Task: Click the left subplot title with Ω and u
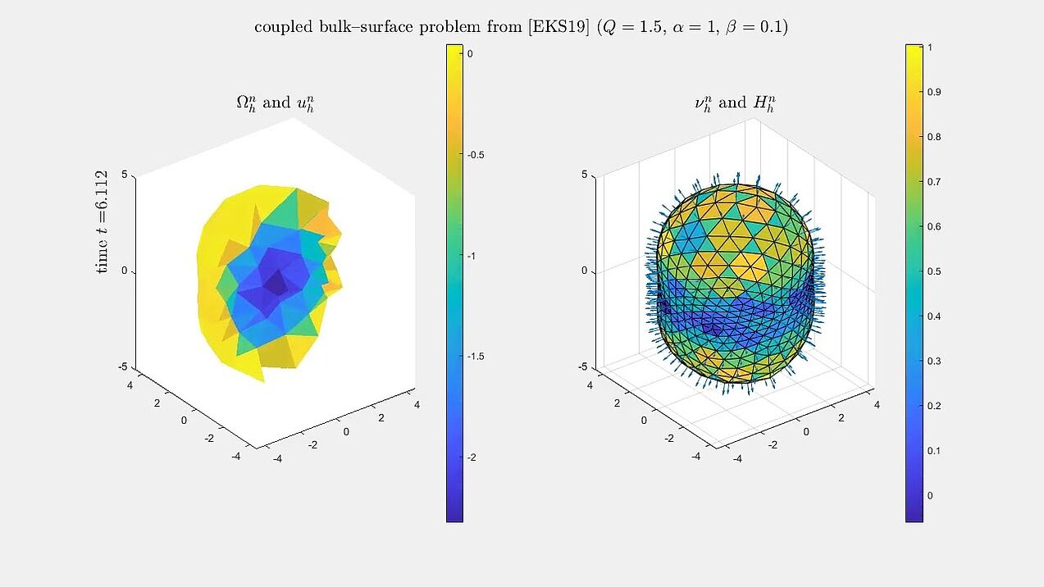click(x=276, y=103)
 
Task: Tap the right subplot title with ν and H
click(x=735, y=103)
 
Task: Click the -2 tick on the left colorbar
click(x=472, y=457)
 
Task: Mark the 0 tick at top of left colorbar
click(x=470, y=53)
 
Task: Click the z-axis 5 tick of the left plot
click(x=124, y=175)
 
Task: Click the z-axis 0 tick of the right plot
click(x=585, y=271)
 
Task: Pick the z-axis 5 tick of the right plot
click(x=585, y=175)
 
